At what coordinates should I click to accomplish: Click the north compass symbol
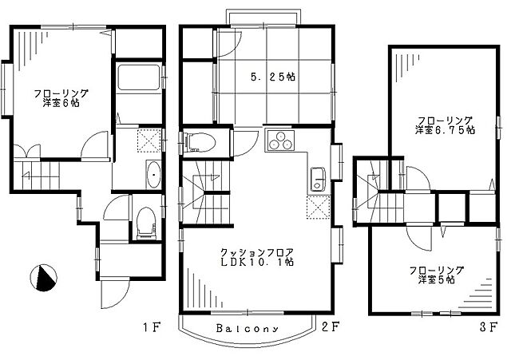coord(43,277)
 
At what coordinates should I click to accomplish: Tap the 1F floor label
coord(152,326)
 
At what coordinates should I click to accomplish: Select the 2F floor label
coord(331,326)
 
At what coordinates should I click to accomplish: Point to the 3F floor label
coord(489,326)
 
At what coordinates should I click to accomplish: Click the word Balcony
coord(248,328)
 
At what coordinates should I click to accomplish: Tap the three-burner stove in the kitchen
coord(279,140)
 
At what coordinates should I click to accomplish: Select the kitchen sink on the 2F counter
coord(317,179)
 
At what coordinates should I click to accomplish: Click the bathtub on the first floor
coord(139,77)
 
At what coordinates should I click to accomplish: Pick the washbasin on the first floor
coord(153,175)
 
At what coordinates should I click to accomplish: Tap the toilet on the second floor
coord(200,142)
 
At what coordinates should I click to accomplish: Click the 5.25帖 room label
coord(273,77)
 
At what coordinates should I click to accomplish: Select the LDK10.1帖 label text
coord(257,263)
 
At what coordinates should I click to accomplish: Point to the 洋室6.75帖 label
coord(445,130)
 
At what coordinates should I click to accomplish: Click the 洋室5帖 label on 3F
coord(437,279)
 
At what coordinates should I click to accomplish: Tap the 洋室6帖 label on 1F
coord(61,103)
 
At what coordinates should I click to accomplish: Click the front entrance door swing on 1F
coord(115,295)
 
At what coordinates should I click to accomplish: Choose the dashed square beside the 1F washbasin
coord(149,140)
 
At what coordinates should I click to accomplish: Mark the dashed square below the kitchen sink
coord(318,208)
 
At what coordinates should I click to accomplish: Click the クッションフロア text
coord(257,252)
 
